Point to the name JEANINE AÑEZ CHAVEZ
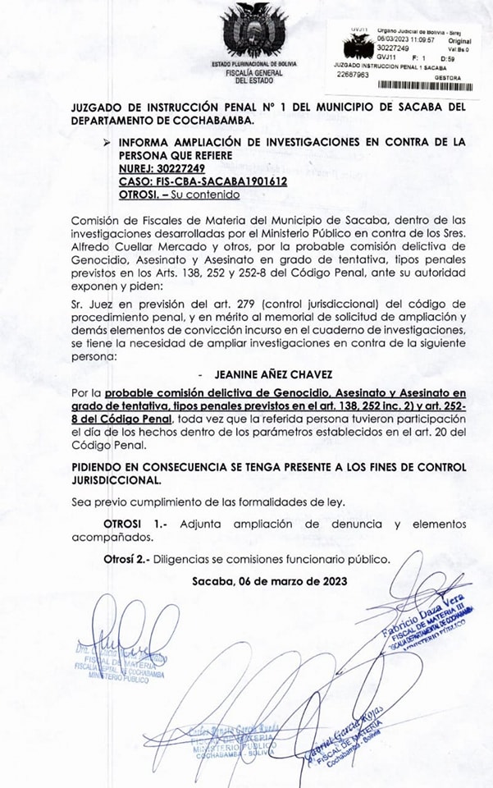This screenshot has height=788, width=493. [x=262, y=373]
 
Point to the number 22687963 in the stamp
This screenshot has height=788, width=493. [x=354, y=74]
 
